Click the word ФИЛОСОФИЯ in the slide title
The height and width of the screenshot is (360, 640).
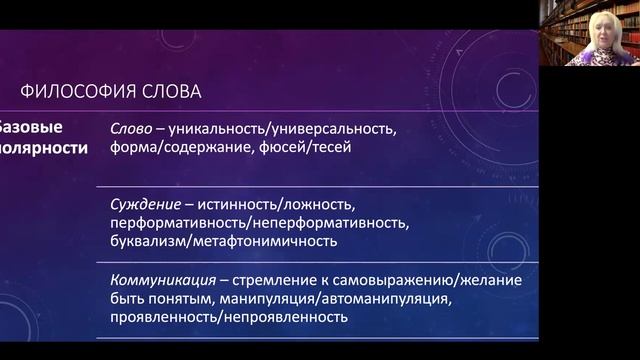tap(79, 92)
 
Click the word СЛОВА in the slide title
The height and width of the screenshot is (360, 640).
tap(171, 92)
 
